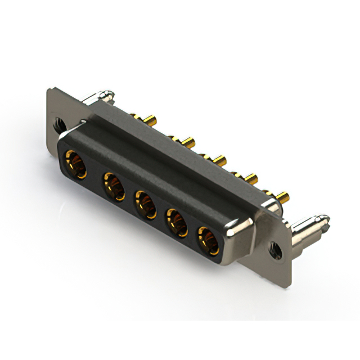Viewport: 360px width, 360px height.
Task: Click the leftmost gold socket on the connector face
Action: coord(75,164)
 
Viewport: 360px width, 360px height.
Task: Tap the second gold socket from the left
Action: coord(113,186)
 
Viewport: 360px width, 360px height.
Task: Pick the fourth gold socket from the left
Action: coord(177,222)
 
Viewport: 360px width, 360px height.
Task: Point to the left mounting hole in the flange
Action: coord(58,121)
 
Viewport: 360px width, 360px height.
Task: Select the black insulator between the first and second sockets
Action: coord(94,175)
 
